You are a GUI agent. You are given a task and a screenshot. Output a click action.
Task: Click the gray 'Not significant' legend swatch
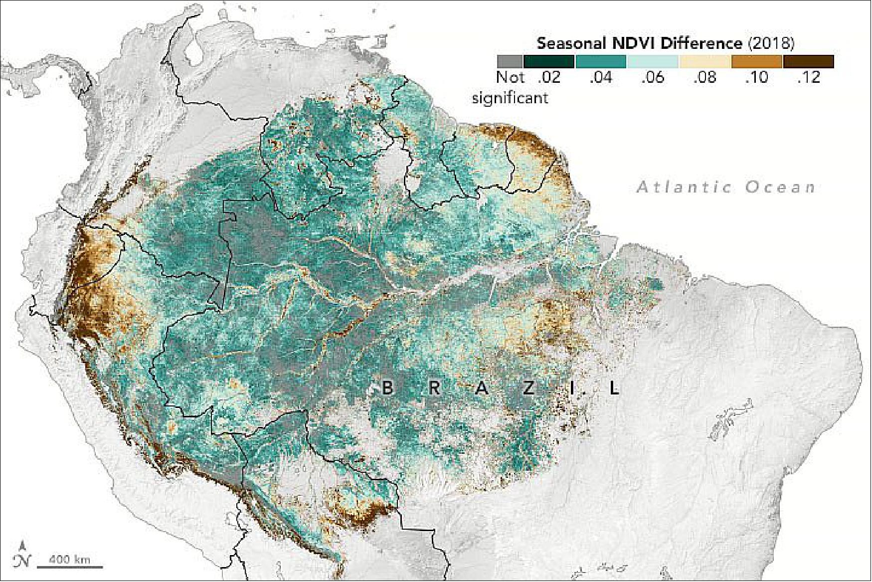pyautogui.click(x=509, y=61)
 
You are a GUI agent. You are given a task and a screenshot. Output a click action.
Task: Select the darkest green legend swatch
pyautogui.click(x=549, y=61)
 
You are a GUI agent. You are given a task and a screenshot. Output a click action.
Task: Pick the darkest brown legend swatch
pyautogui.click(x=808, y=61)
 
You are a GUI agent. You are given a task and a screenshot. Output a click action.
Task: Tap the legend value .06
pyautogui.click(x=653, y=78)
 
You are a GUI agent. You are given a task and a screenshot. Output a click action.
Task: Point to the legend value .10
pyautogui.click(x=756, y=78)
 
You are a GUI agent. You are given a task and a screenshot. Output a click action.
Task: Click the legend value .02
pyautogui.click(x=549, y=78)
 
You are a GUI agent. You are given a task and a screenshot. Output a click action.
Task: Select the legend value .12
pyautogui.click(x=808, y=78)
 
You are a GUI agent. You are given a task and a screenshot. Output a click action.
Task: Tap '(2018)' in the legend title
pyautogui.click(x=771, y=43)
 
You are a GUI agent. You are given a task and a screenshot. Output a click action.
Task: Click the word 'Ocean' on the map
pyautogui.click(x=780, y=188)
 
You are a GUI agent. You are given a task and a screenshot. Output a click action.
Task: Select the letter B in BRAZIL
pyautogui.click(x=387, y=388)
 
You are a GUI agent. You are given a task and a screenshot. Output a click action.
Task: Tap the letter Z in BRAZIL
pyautogui.click(x=528, y=388)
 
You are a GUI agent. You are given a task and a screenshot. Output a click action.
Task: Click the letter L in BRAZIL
pyautogui.click(x=615, y=388)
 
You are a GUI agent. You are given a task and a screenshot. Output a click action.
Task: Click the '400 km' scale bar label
pyautogui.click(x=70, y=560)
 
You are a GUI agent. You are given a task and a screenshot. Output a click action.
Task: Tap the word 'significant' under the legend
pyautogui.click(x=510, y=98)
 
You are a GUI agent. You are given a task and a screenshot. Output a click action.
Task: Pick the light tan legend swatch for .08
pyautogui.click(x=704, y=61)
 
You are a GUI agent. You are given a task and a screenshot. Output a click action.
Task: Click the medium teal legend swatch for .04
pyautogui.click(x=601, y=61)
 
